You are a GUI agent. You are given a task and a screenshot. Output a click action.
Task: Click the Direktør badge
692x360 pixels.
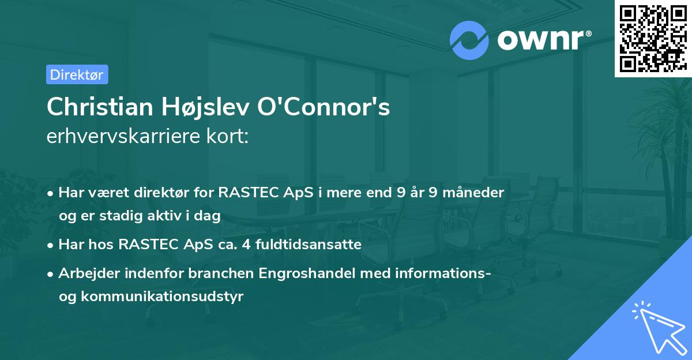coord(77,74)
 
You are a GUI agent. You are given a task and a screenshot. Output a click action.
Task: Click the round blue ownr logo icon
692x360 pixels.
coord(469,40)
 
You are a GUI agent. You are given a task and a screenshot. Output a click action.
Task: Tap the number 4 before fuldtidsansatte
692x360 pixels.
coord(245,245)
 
